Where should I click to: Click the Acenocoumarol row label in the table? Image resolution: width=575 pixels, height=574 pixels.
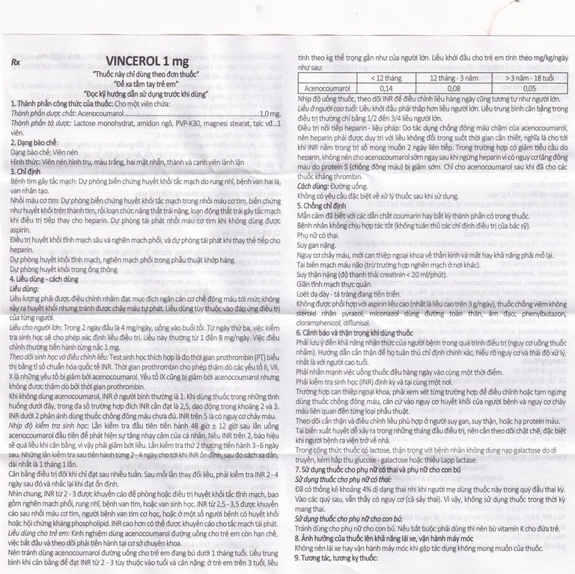pos(326,87)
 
